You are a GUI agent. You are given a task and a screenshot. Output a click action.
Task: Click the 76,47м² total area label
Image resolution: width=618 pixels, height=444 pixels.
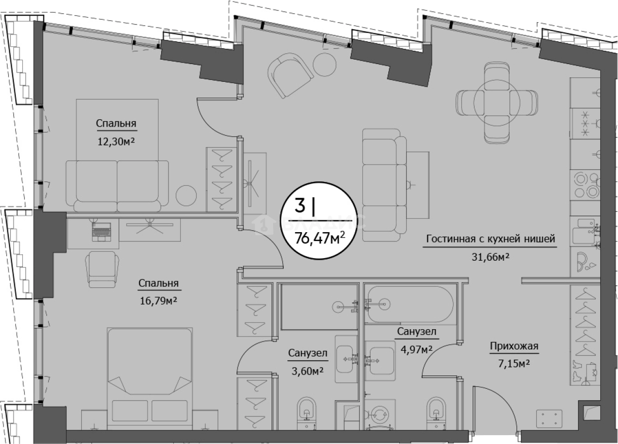click(x=320, y=238)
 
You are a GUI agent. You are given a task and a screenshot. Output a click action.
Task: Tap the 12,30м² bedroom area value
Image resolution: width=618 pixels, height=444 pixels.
click(x=116, y=142)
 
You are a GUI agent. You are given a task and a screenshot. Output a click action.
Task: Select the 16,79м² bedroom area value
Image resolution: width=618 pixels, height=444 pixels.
click(x=158, y=301)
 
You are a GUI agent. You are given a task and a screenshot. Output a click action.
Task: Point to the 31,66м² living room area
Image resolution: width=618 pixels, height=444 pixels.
click(x=490, y=257)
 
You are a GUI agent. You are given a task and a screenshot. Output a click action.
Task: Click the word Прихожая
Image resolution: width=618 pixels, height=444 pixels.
click(x=515, y=346)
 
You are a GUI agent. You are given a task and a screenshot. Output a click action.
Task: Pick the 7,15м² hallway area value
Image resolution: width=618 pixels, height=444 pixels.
click(x=514, y=363)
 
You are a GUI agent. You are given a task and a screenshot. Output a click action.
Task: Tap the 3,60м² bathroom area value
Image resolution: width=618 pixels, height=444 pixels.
click(x=308, y=371)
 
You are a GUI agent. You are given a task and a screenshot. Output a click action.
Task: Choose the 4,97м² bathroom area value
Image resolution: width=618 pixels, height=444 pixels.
click(x=416, y=349)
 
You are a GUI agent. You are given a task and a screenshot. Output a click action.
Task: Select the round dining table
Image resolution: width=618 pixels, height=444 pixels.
click(x=497, y=102)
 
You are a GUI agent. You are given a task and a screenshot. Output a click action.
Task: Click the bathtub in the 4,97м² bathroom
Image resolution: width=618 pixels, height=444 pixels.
click(x=409, y=305)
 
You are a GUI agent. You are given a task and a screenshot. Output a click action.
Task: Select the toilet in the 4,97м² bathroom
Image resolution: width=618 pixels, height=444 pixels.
click(x=436, y=413)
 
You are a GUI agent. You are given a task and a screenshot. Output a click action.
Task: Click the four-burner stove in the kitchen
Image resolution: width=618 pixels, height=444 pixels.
click(x=585, y=186)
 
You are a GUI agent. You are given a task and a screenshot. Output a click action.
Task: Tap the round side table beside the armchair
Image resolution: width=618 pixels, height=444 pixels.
click(x=325, y=65)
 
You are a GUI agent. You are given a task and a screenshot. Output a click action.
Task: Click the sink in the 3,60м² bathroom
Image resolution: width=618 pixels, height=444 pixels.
click(x=346, y=359)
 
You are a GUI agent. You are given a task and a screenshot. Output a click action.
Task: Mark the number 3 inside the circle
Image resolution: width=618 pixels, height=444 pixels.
click(x=300, y=205)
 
